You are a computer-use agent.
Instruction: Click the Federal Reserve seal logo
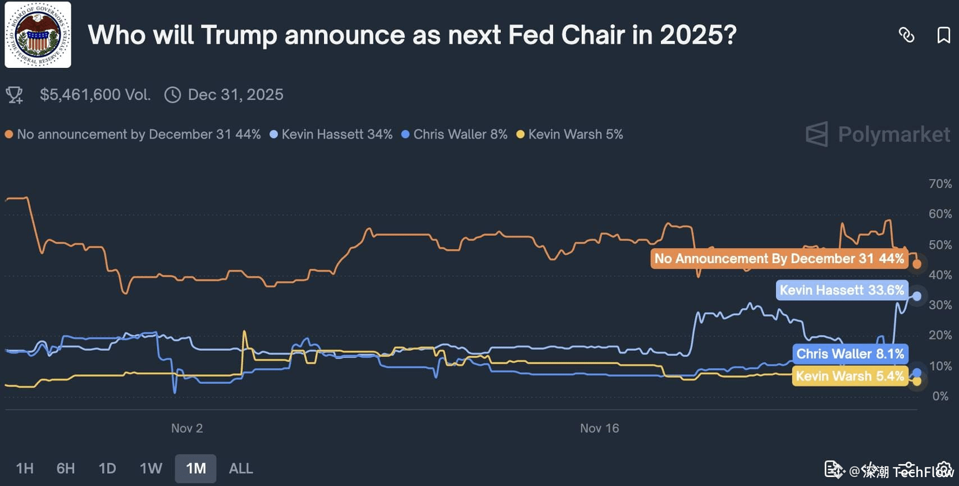pos(38,35)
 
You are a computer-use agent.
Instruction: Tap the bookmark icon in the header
pos(943,35)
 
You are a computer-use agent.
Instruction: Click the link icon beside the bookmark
pos(906,35)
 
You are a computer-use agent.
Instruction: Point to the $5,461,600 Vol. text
pos(95,95)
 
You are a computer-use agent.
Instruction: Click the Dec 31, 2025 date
pos(235,95)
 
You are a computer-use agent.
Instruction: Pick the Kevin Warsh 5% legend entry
pos(570,135)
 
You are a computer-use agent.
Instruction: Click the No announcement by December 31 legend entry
pos(133,135)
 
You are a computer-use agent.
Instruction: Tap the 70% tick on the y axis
pos(940,184)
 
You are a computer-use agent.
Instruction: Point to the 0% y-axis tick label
pos(940,396)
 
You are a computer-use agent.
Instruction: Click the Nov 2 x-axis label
pos(187,428)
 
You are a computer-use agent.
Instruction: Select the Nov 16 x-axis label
pos(599,428)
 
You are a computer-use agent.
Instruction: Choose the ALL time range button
pos(241,469)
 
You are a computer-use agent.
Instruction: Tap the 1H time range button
pos(25,469)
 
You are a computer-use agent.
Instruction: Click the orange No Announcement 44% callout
pos(779,259)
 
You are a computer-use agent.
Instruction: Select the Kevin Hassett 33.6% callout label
pos(842,290)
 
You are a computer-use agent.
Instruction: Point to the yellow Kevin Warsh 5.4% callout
pos(850,376)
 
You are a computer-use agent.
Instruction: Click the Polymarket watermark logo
pos(878,135)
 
